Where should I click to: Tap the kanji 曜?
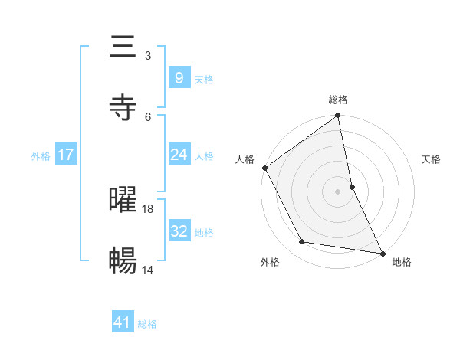pyautogui.click(x=123, y=201)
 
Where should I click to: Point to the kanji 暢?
pyautogui.click(x=123, y=261)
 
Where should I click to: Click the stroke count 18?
pyautogui.click(x=148, y=208)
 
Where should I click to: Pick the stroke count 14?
pyautogui.click(x=148, y=270)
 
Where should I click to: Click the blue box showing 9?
pyautogui.click(x=179, y=78)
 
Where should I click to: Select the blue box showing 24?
pyautogui.click(x=179, y=155)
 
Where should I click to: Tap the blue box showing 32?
pyautogui.click(x=179, y=231)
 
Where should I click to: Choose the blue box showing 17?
pyautogui.click(x=65, y=155)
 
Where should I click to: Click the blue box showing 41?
pyautogui.click(x=123, y=322)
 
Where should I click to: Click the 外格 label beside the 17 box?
pyautogui.click(x=41, y=155)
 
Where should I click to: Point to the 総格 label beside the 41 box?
pyautogui.click(x=147, y=324)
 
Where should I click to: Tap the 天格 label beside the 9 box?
pyautogui.click(x=204, y=79)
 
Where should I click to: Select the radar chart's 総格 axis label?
pyautogui.click(x=338, y=100)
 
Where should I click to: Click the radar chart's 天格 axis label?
pyautogui.click(x=431, y=159)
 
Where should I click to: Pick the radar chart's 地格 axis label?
pyautogui.click(x=402, y=263)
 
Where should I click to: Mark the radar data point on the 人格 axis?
pyautogui.click(x=265, y=168)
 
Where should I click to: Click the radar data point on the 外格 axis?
pyautogui.click(x=302, y=242)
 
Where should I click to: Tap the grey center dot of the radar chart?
pyautogui.click(x=338, y=191)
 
